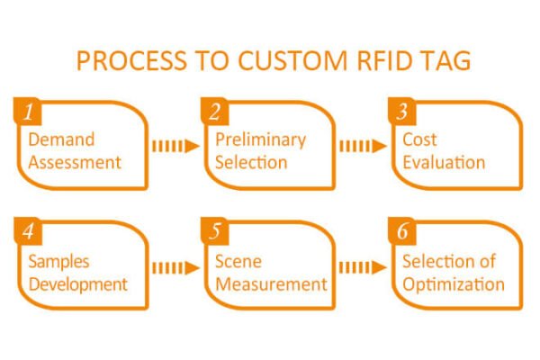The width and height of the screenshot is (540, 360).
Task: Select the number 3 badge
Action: coord(402,112)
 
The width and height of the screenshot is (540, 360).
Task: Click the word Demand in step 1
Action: coord(61,140)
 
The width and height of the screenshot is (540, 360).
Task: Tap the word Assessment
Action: coord(75,163)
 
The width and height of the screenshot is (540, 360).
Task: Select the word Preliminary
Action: coord(260,140)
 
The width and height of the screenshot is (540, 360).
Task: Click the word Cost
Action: coord(419,140)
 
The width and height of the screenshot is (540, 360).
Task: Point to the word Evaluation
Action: coord(444,163)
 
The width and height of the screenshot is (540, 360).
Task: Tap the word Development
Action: coord(77,284)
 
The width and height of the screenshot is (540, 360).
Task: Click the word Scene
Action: coord(238,262)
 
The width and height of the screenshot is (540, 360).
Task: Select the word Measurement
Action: coord(271,284)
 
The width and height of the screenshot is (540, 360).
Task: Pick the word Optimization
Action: coord(454,284)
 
